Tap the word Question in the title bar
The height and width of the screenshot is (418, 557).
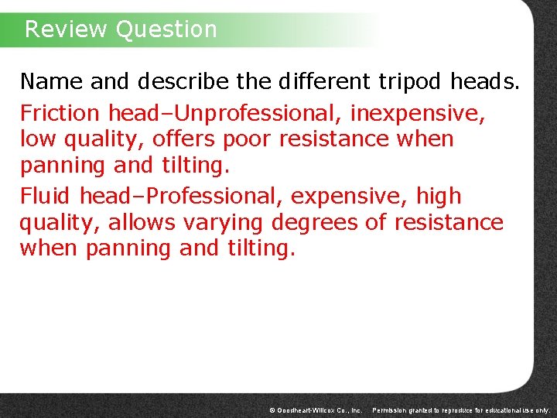[x=166, y=29]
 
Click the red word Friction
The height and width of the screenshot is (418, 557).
[x=60, y=114]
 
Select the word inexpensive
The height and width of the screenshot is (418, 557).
[x=418, y=114]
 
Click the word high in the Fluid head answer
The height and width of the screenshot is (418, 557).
[x=435, y=197]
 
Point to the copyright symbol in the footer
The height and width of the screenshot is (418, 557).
[x=272, y=409]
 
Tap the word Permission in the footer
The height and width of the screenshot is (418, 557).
[x=391, y=409]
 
